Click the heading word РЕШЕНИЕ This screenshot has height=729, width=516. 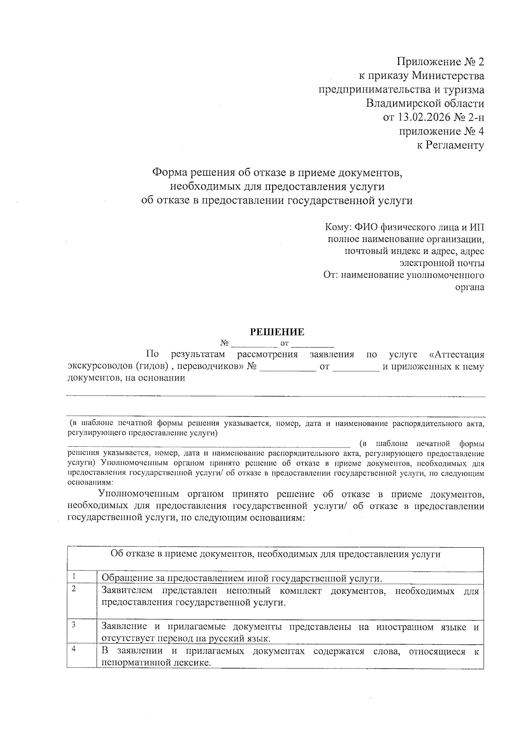277,332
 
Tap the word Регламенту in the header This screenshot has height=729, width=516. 455,145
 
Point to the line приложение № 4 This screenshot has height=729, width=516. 442,131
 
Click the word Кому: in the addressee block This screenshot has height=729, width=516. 339,227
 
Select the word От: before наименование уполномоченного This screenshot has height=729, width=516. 331,275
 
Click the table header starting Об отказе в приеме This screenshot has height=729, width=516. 275,554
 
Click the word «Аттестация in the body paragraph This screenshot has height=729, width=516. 457,355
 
